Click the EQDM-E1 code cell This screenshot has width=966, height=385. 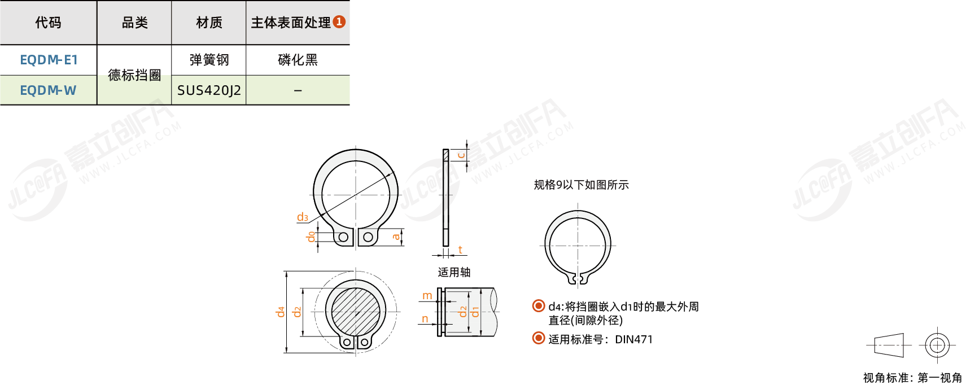pyautogui.click(x=49, y=60)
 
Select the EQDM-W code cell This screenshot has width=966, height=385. pyautogui.click(x=49, y=90)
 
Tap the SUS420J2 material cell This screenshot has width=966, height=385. pyautogui.click(x=209, y=90)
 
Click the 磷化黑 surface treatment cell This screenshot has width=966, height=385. pyautogui.click(x=298, y=60)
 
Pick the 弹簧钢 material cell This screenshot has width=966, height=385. pyautogui.click(x=209, y=60)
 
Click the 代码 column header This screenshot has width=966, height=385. pyautogui.click(x=49, y=23)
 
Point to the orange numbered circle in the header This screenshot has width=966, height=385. pyautogui.click(x=339, y=21)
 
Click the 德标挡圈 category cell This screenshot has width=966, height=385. pyautogui.click(x=134, y=75)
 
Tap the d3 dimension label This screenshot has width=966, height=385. pyautogui.click(x=302, y=217)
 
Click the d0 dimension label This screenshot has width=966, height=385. pyautogui.click(x=311, y=237)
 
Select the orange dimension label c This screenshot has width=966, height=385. pyautogui.click(x=461, y=154)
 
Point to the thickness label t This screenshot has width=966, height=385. pyautogui.click(x=460, y=250)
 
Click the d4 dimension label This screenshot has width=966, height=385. pyautogui.click(x=281, y=312)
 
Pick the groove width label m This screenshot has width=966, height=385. pyautogui.click(x=427, y=296)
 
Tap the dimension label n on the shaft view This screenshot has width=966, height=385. pyautogui.click(x=425, y=319)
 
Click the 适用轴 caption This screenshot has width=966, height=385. pyautogui.click(x=454, y=272)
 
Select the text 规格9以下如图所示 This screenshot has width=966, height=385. pyautogui.click(x=582, y=185)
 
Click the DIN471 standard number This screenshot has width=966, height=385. pyautogui.click(x=634, y=339)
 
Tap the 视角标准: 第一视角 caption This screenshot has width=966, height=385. pyautogui.click(x=912, y=378)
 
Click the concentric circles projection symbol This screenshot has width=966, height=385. pyautogui.click(x=937, y=345)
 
